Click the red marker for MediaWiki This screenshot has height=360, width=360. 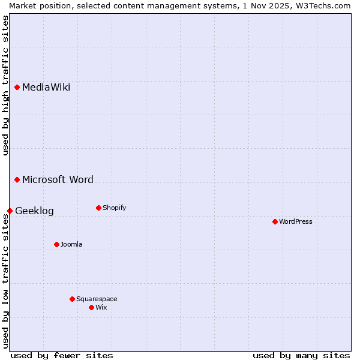(x=17, y=88)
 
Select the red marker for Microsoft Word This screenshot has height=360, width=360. (x=17, y=180)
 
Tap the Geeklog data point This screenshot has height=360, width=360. (x=10, y=211)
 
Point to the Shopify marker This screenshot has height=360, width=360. (x=99, y=208)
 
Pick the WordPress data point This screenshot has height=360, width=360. (x=275, y=222)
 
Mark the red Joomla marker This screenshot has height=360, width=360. (x=57, y=245)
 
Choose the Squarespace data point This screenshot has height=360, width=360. (x=73, y=299)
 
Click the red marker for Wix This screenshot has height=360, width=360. (x=92, y=308)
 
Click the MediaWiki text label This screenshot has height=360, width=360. (x=46, y=88)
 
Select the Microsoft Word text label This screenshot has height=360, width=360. (x=58, y=180)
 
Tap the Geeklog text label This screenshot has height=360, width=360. (x=34, y=211)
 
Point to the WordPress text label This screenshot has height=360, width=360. (x=296, y=222)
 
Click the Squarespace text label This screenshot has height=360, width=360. (x=97, y=299)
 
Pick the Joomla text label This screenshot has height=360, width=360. (x=71, y=245)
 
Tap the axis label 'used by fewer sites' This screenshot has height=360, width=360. (x=62, y=355)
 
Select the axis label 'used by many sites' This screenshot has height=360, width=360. (x=301, y=355)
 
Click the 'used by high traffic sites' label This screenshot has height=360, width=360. (x=5, y=85)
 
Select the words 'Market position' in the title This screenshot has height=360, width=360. (x=35, y=5)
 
